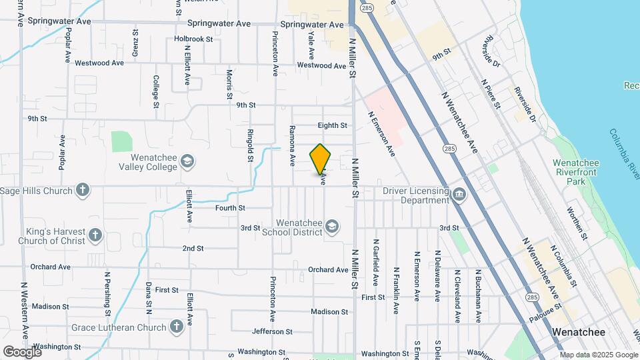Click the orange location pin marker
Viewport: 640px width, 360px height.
[320, 159]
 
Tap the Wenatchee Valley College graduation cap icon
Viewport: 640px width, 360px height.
[187, 161]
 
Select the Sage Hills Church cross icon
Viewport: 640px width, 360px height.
[83, 191]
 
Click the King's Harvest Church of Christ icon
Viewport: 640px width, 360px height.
[95, 235]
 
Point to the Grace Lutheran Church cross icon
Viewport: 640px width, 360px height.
[176, 327]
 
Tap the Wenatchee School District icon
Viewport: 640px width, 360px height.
[331, 227]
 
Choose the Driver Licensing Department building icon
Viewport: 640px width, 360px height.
[459, 195]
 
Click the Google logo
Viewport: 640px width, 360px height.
[22, 351]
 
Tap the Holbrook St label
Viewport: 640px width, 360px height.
[193, 39]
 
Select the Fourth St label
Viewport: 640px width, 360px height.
[231, 208]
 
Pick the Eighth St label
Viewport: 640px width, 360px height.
[333, 125]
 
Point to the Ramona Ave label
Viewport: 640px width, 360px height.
[292, 145]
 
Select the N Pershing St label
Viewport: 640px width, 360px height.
[107, 293]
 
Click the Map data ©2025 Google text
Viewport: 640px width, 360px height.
[598, 355]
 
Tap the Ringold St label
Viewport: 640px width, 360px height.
[250, 145]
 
